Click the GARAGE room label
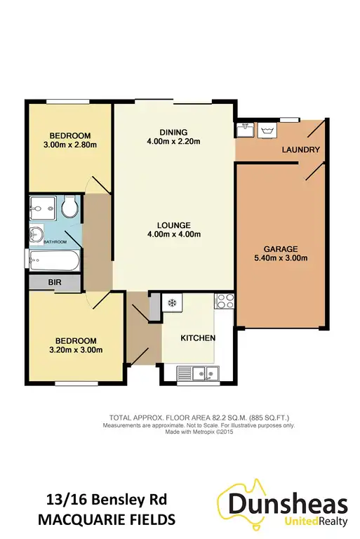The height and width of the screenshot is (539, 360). (281, 248)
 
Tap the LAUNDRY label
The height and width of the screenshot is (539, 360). (301, 149)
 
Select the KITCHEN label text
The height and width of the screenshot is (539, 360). (197, 338)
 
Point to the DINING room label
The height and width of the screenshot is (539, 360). (173, 132)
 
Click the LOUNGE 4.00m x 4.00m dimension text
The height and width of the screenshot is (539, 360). (173, 235)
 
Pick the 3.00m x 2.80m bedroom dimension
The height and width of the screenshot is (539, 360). (69, 145)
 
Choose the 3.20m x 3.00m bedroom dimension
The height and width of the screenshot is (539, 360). (75, 350)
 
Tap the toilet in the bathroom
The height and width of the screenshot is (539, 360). (69, 208)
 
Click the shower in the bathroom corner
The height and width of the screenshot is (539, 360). (41, 208)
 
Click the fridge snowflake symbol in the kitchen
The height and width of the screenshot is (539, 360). (172, 302)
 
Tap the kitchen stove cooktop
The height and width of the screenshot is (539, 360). (225, 302)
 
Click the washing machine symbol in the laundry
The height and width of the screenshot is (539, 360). (267, 130)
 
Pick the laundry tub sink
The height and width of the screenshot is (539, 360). (245, 129)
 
